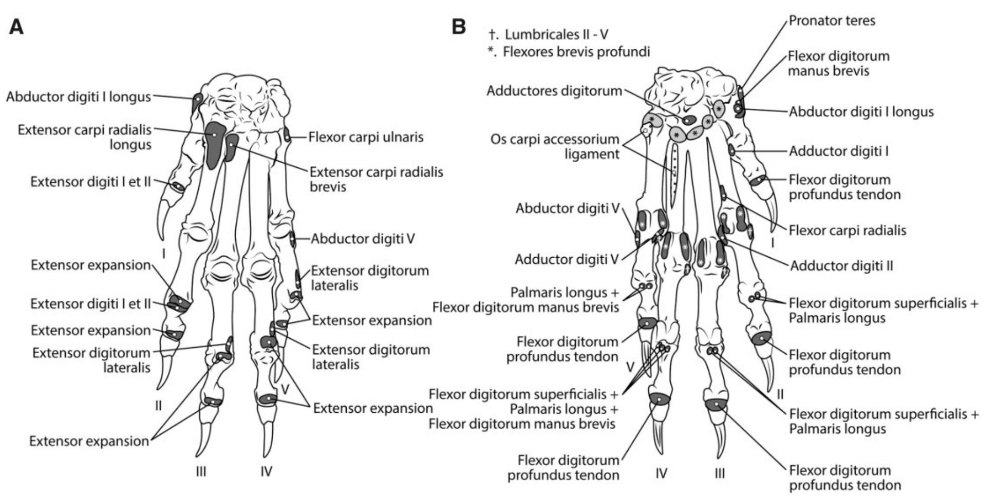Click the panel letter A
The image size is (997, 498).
point(16,27)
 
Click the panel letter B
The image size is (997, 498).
point(459,27)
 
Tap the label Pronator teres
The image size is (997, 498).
point(832,21)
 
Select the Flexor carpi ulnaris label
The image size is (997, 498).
point(366,137)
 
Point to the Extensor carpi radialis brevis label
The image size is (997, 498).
point(376,179)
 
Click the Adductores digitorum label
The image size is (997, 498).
point(554,91)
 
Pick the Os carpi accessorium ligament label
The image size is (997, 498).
point(555,146)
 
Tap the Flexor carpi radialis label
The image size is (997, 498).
point(847,231)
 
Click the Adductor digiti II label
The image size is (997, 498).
point(841,266)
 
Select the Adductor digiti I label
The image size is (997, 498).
point(838,151)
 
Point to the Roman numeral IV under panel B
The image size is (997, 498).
point(661,473)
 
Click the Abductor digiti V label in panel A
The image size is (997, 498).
point(362,239)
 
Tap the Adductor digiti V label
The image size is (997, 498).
point(567,260)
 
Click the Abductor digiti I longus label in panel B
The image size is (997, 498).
point(861,112)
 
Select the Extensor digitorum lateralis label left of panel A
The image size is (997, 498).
point(91,360)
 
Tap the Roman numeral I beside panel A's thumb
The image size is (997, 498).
point(163,253)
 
